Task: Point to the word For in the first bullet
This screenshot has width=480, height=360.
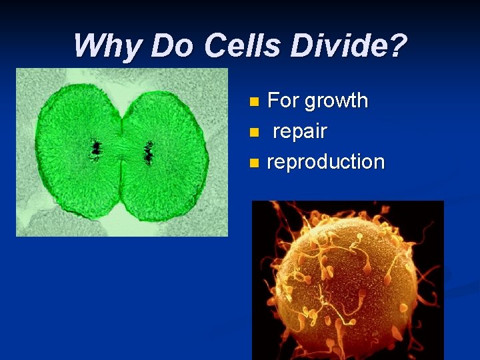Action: point(283,101)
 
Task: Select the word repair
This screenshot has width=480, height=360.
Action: point(300,132)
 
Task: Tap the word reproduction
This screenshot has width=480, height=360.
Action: point(325,162)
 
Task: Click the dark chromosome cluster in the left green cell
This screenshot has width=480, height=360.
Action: point(96,147)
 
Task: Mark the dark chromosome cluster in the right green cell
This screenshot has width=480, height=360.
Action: point(149,153)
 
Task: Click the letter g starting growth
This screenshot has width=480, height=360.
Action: point(309,103)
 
